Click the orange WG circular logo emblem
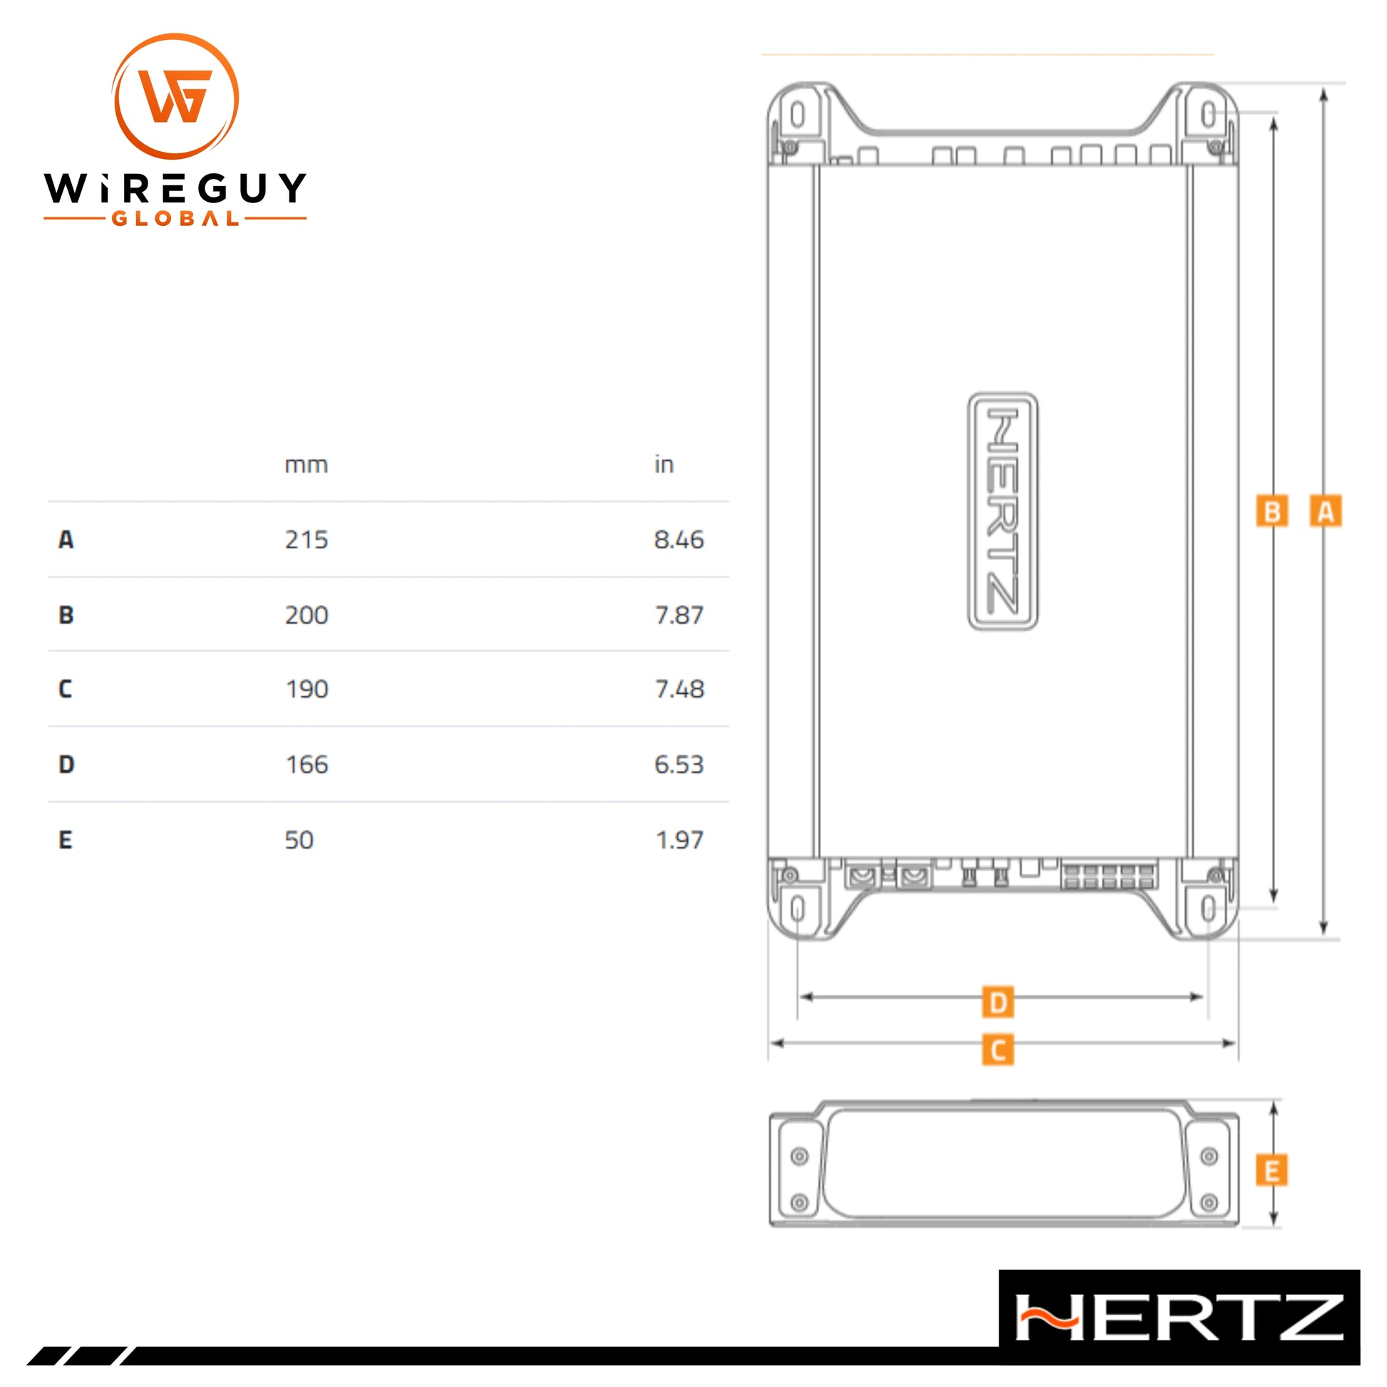pos(175,96)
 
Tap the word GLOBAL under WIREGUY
pos(175,218)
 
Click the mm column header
pos(306,465)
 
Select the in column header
pos(664,465)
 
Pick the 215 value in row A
pos(306,539)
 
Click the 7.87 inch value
pos(679,615)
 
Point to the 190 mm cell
pos(306,689)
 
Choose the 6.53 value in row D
pos(679,765)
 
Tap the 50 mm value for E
pos(299,840)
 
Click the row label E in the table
pos(66,840)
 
